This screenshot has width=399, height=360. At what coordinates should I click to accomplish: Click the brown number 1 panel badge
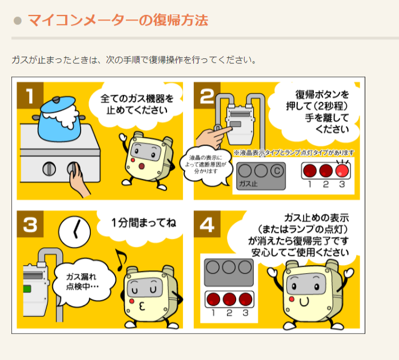pyautogui.click(x=30, y=95)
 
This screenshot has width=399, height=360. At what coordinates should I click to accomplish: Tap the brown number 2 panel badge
pyautogui.click(x=207, y=95)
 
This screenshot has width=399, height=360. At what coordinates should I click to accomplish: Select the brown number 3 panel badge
pyautogui.click(x=30, y=224)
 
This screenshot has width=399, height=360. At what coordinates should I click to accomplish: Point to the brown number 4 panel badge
pyautogui.click(x=207, y=224)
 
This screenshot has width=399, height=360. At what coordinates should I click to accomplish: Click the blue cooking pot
pyautogui.click(x=59, y=119)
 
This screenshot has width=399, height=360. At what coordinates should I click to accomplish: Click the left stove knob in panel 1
pyautogui.click(x=49, y=169)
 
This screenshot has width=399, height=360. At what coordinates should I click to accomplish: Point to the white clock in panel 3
pyautogui.click(x=74, y=232)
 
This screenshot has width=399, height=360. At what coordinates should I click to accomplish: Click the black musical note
pyautogui.click(x=121, y=259)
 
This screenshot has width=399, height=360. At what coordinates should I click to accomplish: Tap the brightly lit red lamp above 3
pyautogui.click(x=342, y=170)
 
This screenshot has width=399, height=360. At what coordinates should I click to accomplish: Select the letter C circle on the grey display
pyautogui.click(x=277, y=171)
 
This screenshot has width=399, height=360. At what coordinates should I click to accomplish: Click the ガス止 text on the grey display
pyautogui.click(x=248, y=183)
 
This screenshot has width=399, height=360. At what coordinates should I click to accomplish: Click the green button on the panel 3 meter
pyautogui.click(x=27, y=289)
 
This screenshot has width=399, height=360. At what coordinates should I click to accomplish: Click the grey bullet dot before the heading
pyautogui.click(x=18, y=21)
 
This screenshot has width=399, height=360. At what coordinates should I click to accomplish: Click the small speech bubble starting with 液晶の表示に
pyautogui.click(x=206, y=165)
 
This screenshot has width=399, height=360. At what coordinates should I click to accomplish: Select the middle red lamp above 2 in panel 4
pyautogui.click(x=229, y=299)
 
